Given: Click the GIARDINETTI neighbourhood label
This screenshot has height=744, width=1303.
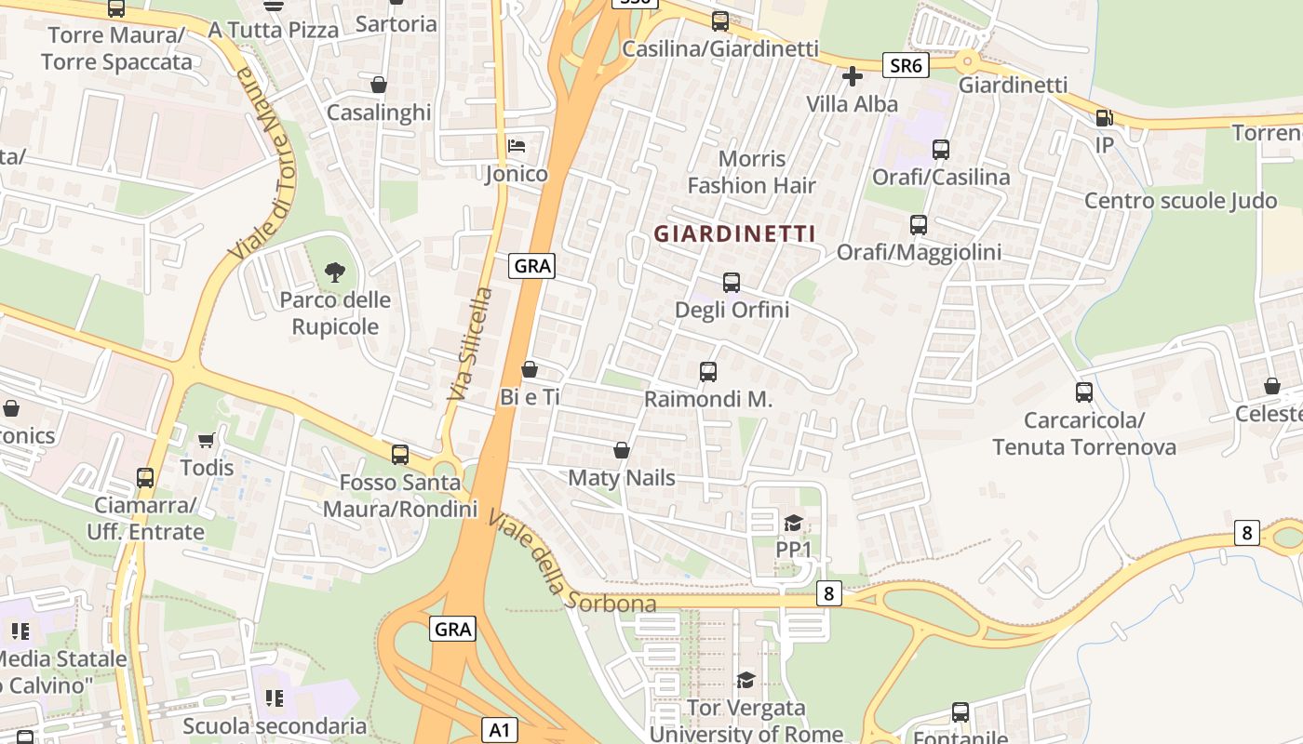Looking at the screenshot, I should [x=734, y=233].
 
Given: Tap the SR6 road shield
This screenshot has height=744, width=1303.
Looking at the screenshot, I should [x=906, y=65].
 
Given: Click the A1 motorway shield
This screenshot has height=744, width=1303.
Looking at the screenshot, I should [x=500, y=730].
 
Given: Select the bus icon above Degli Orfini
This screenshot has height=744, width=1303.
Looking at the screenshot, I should [x=732, y=282].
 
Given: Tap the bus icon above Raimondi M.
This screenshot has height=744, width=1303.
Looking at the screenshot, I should [x=708, y=372].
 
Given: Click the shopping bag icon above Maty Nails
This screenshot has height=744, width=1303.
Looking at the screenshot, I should [x=622, y=451].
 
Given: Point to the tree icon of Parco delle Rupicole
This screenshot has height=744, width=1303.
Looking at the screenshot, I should [x=335, y=272].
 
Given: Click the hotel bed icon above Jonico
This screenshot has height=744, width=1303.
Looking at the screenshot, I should [x=517, y=146].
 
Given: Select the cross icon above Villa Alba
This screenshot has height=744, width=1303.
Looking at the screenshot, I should [x=853, y=76].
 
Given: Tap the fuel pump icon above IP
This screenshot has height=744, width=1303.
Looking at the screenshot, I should [x=1104, y=118].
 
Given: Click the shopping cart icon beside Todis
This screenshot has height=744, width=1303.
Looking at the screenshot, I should [x=206, y=440].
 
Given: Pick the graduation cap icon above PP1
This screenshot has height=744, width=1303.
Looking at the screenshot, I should [x=793, y=523].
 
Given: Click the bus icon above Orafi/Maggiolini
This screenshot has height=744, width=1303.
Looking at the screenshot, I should [x=919, y=224].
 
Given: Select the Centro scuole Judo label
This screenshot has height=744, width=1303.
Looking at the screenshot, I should [x=1180, y=201].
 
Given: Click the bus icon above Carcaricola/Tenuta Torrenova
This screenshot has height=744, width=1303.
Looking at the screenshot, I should [x=1084, y=392].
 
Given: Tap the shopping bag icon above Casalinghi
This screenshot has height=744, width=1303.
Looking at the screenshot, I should [x=379, y=85].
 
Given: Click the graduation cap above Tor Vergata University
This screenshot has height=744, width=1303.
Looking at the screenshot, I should [x=746, y=681].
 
